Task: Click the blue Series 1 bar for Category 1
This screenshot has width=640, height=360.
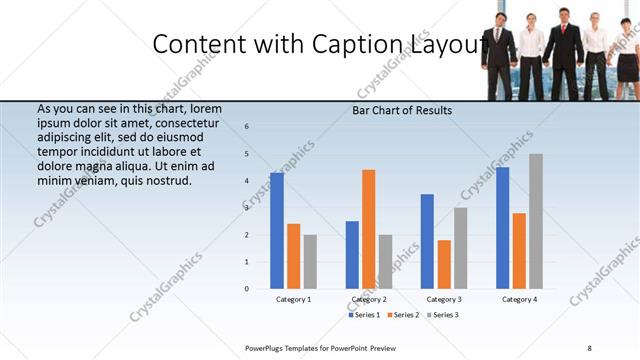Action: tap(277, 231)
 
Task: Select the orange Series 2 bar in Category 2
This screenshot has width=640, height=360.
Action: tap(368, 229)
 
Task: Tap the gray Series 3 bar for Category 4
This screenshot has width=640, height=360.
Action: tap(536, 221)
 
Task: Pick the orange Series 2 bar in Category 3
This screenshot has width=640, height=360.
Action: tap(443, 264)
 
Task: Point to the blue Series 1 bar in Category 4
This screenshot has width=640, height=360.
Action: tap(502, 228)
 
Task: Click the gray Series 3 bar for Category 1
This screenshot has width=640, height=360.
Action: tap(310, 262)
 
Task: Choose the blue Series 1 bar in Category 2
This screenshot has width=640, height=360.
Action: tap(352, 255)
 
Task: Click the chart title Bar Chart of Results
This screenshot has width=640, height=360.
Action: tap(402, 110)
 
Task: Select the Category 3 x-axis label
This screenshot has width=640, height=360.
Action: tap(444, 299)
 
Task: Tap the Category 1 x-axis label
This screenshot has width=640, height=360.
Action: tap(294, 299)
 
